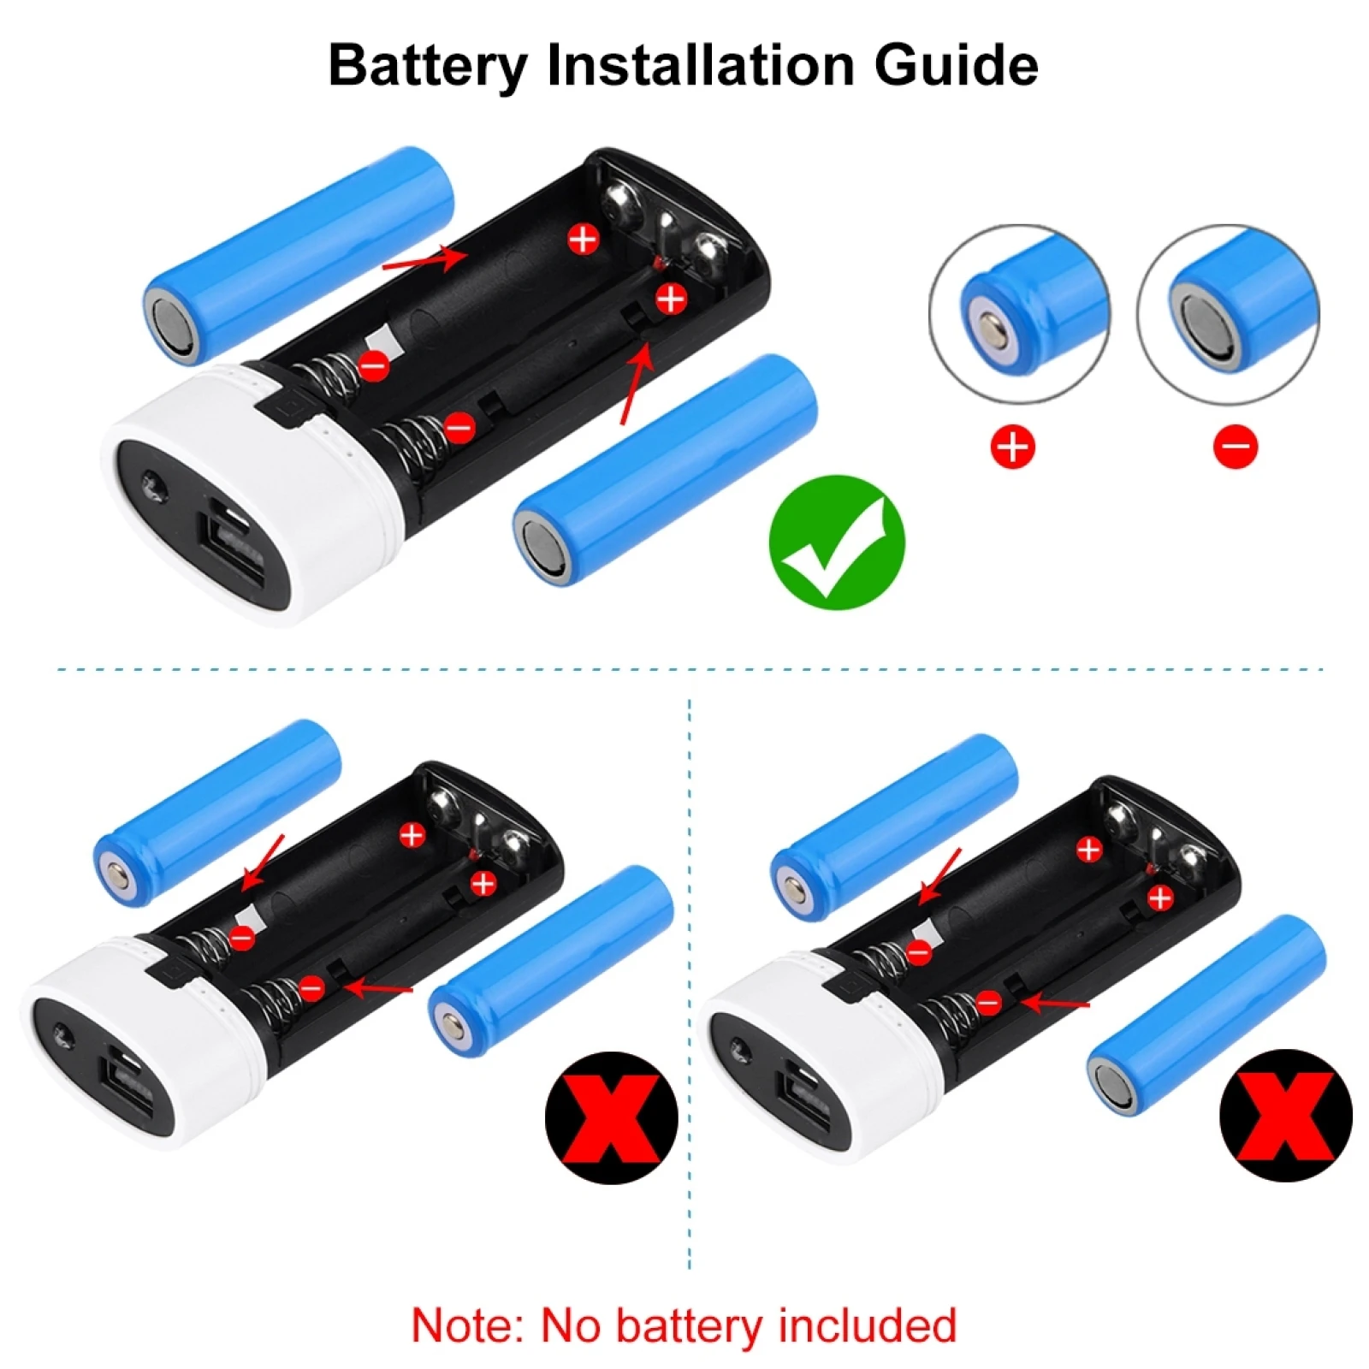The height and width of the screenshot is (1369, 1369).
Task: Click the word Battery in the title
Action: click(428, 66)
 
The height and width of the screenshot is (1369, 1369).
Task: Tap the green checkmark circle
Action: click(836, 542)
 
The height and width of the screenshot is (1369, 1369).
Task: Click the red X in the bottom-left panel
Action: click(611, 1117)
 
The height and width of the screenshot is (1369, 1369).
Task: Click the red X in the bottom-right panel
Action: click(1285, 1115)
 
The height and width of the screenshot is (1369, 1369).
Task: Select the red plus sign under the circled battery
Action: click(1012, 447)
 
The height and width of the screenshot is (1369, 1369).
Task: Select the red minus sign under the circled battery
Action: click(1235, 447)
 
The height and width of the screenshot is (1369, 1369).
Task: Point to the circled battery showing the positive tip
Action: click(1019, 314)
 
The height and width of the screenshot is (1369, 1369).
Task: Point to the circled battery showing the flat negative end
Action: click(1228, 314)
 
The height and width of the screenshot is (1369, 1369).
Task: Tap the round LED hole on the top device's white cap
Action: click(154, 489)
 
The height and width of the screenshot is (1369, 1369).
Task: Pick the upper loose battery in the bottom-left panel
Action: click(217, 814)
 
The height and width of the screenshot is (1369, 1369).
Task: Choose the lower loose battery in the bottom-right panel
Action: click(1206, 1016)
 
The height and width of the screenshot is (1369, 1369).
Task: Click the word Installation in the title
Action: click(702, 66)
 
